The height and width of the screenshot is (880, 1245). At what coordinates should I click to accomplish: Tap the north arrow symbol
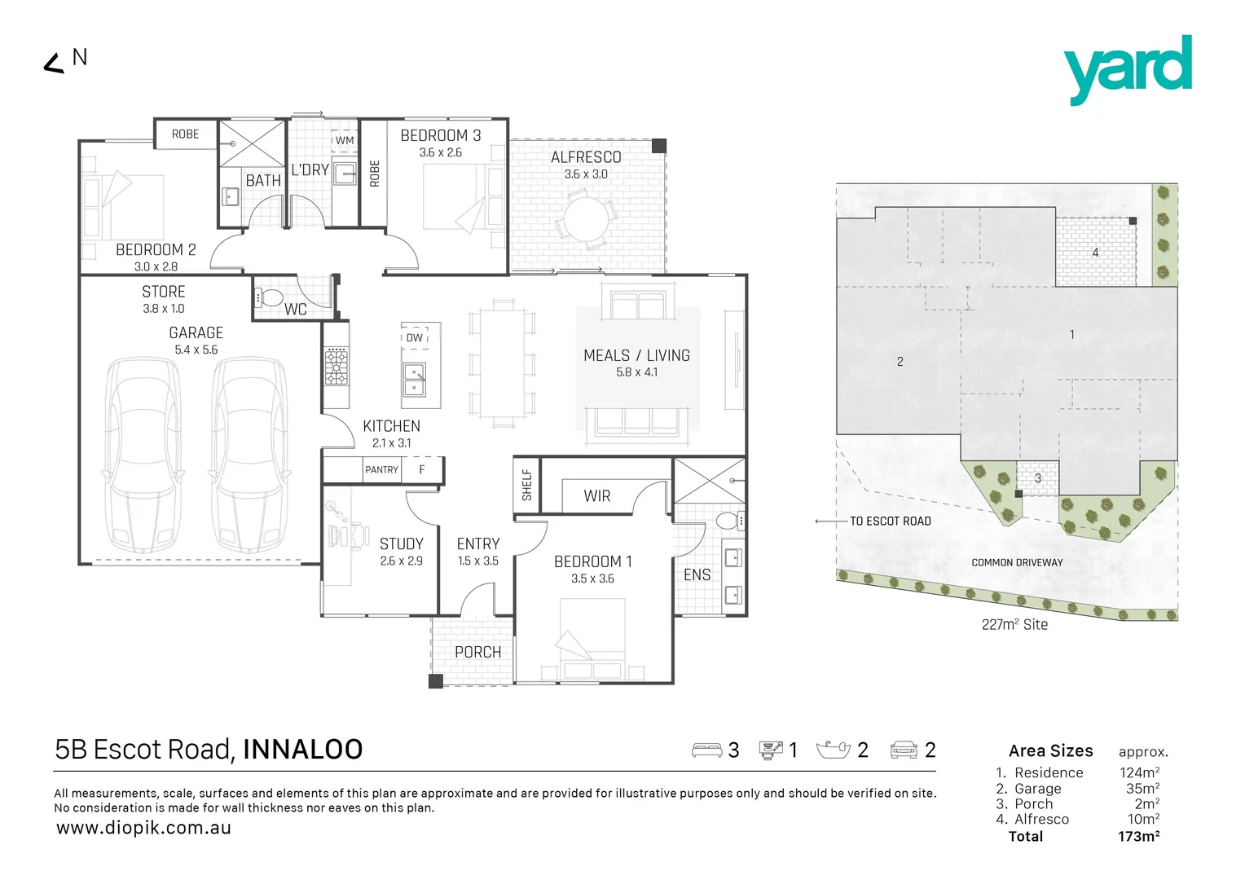(x=54, y=64)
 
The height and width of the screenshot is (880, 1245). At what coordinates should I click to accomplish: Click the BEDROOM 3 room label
(x=440, y=135)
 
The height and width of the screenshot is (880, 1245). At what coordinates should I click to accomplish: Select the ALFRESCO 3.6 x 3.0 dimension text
(x=586, y=174)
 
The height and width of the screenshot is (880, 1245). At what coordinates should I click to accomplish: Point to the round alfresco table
(x=586, y=219)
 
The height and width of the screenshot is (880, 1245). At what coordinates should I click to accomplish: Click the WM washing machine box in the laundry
(x=345, y=140)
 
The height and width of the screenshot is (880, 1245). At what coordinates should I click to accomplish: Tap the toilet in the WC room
(x=270, y=297)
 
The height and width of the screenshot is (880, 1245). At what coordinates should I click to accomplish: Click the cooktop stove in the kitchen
(x=337, y=367)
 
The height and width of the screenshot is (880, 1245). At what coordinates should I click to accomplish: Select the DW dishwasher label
(x=415, y=337)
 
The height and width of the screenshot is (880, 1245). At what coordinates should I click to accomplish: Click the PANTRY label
(x=381, y=470)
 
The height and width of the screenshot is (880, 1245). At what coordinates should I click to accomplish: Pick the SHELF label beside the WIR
(x=526, y=485)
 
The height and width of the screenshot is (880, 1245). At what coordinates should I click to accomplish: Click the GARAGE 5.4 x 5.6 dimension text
(x=196, y=350)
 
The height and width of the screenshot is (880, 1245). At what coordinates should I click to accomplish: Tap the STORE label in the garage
(x=163, y=292)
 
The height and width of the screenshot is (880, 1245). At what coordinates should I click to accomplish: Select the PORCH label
(x=477, y=653)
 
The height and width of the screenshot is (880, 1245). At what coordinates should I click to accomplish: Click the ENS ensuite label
(x=697, y=575)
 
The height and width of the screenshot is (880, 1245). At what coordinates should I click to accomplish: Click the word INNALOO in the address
(x=302, y=750)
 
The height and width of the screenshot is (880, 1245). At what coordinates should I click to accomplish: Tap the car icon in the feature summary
(x=904, y=750)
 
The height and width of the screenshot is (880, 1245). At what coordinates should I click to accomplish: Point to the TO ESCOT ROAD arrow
(x=831, y=521)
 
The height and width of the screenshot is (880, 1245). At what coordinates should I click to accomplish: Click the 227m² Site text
(x=1014, y=625)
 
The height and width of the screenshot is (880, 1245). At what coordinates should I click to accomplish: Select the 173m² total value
(x=1138, y=837)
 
